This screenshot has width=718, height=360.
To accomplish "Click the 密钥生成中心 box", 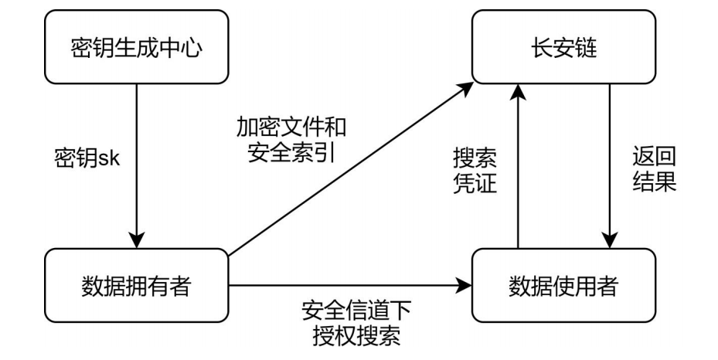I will [138, 49].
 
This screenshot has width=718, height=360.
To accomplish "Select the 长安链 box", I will [566, 49].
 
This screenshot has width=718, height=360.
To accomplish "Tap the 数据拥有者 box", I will [138, 285].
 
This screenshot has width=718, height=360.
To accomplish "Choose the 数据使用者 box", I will [566, 285].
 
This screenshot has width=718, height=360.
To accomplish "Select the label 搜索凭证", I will [475, 172].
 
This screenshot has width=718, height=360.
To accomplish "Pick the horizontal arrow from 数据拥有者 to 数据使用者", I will [348, 285].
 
